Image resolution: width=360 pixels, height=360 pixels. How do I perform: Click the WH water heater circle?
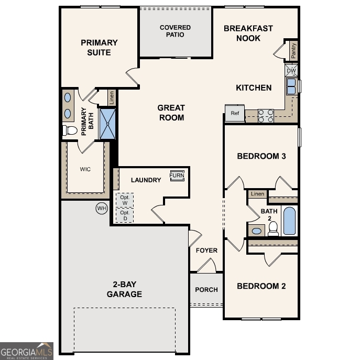[101, 209]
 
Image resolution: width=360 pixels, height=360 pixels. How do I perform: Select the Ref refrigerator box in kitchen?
[235, 113]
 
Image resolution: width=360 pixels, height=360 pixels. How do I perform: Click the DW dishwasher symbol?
[291, 70]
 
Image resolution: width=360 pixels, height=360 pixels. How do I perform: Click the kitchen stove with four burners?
[266, 116]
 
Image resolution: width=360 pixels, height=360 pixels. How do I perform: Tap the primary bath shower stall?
[107, 124]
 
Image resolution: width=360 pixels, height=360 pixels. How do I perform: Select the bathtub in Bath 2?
[289, 221]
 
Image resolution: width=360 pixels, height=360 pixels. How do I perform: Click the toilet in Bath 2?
[273, 228]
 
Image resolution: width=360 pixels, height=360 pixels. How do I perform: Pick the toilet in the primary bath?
[70, 130]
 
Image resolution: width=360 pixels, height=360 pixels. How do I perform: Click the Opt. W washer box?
[125, 200]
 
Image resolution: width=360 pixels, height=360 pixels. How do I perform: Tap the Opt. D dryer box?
[125, 215]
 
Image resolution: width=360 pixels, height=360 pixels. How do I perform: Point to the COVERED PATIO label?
[175, 31]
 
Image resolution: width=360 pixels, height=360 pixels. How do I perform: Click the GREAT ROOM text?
[171, 113]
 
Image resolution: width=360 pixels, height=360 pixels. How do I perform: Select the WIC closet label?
[85, 169]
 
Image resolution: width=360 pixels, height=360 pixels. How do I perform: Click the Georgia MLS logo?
[27, 351]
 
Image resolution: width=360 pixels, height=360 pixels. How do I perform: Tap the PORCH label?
[206, 290]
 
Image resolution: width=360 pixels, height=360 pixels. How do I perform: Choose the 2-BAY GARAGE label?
[124, 289]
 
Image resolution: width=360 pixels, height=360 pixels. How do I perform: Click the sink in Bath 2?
[257, 231]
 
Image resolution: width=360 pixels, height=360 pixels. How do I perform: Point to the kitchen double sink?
[291, 86]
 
